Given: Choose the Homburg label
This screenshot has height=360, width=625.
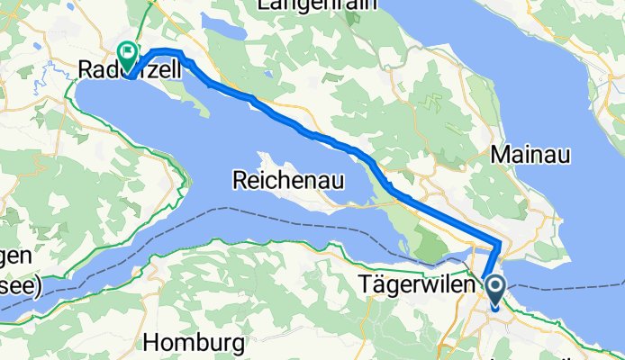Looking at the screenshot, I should click(x=194, y=343).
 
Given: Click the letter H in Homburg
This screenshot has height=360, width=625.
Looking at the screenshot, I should click(x=151, y=343).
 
